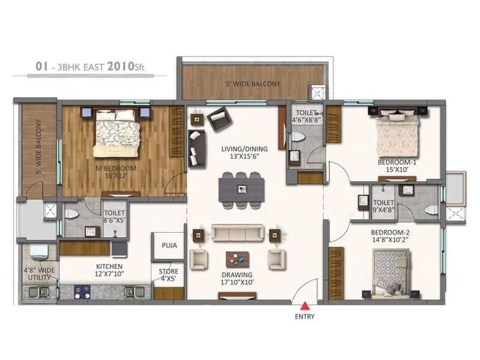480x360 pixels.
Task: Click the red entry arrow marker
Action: (305, 305)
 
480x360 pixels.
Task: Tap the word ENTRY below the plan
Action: (305, 316)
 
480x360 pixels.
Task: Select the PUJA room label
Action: (169, 245)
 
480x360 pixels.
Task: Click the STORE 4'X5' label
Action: (168, 274)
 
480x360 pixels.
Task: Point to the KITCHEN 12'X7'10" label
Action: (109, 270)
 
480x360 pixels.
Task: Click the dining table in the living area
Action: (241, 189)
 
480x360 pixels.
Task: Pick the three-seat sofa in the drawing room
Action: (236, 233)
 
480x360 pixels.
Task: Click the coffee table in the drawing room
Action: (238, 259)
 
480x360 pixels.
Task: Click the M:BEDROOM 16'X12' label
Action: (116, 173)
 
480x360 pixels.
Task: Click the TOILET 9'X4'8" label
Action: (383, 207)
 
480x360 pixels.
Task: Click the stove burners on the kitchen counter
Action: (82, 292)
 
